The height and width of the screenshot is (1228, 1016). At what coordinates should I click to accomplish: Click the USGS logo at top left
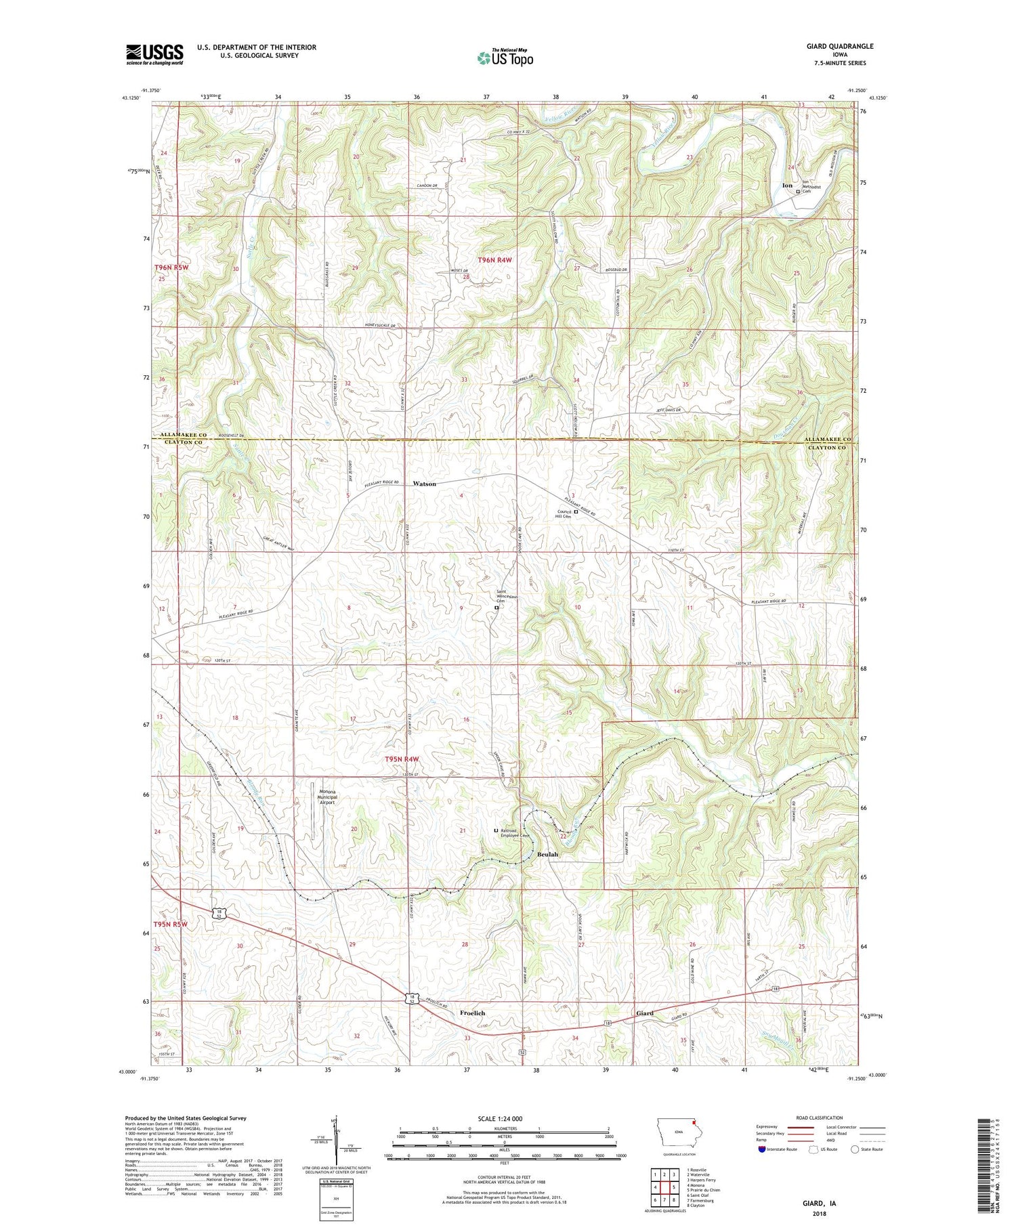(154, 54)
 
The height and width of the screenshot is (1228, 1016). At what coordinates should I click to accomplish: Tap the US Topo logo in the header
(505, 58)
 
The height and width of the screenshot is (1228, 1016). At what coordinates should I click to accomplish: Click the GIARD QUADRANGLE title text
(839, 46)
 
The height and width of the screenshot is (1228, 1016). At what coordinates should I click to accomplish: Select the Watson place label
(425, 484)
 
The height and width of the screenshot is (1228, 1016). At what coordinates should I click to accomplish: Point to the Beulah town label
(548, 855)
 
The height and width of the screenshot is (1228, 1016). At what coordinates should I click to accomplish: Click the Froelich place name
(472, 1013)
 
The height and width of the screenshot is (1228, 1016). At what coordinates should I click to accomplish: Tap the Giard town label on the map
(644, 1013)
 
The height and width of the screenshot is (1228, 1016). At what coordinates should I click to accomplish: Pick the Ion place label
(787, 185)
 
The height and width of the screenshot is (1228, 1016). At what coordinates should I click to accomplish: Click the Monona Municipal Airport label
(324, 797)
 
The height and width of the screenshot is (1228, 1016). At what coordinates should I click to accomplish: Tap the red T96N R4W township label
(499, 260)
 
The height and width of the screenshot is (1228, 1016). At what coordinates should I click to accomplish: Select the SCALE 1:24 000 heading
(504, 1118)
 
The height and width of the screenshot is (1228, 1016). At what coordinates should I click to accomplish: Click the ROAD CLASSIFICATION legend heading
(820, 1118)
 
